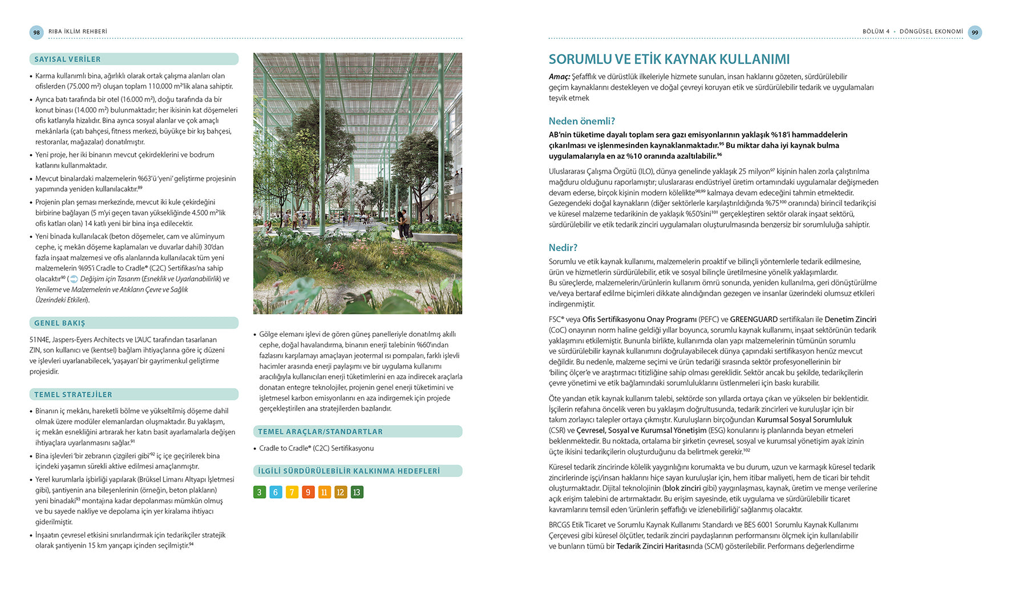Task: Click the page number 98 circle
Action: click(x=37, y=33)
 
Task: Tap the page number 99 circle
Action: click(x=974, y=33)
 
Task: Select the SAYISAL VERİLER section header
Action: click(x=67, y=59)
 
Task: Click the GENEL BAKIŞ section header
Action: click(x=59, y=323)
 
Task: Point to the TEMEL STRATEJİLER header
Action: click(x=73, y=394)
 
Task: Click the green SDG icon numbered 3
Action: click(x=260, y=492)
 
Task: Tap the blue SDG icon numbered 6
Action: click(x=276, y=492)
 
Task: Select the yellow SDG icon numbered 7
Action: click(x=292, y=492)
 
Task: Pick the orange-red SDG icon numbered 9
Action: click(x=308, y=492)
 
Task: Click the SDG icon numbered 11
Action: click(x=324, y=492)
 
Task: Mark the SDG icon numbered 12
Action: click(x=340, y=492)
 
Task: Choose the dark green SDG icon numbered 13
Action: click(x=357, y=492)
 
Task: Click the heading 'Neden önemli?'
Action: click(x=581, y=121)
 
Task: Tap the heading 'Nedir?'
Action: click(x=563, y=248)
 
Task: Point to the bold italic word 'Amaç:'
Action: click(x=559, y=76)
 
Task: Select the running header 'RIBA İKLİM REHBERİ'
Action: click(x=78, y=32)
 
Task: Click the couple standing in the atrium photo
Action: click(x=404, y=224)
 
